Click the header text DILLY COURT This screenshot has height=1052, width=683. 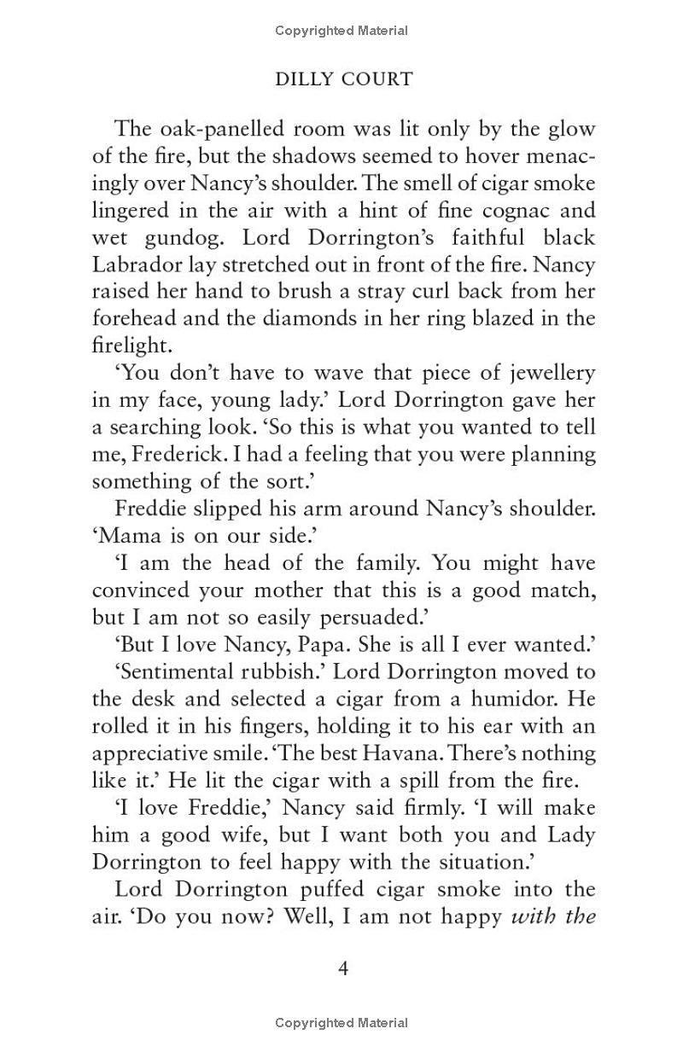pyautogui.click(x=343, y=79)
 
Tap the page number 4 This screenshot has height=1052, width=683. pyautogui.click(x=344, y=968)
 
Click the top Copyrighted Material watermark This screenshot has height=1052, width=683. pyautogui.click(x=341, y=31)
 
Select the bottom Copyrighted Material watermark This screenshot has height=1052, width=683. pyautogui.click(x=341, y=1022)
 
